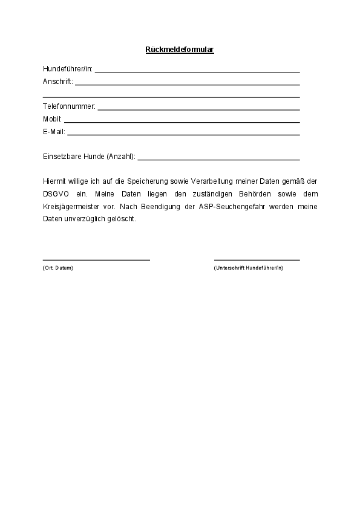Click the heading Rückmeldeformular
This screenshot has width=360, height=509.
tap(180, 50)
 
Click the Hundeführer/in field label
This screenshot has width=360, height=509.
tap(68, 69)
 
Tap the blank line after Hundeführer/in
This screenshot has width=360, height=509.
tap(197, 71)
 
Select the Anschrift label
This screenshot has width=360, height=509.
tap(57, 82)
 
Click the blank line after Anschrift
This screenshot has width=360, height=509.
tap(188, 84)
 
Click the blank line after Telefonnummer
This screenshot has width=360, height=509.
tap(198, 109)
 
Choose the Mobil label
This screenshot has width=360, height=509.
tap(52, 119)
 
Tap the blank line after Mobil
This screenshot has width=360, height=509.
tap(182, 122)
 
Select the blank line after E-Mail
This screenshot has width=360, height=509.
tap(183, 134)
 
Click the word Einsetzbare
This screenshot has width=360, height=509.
tap(61, 157)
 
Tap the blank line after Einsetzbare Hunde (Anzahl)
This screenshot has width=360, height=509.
tap(219, 160)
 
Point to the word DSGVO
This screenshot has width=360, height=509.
tap(56, 193)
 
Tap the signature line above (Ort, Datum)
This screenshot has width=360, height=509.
tap(96, 259)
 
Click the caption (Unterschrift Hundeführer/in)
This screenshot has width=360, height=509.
tap(248, 268)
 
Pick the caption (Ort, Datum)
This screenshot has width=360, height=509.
tap(58, 268)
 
